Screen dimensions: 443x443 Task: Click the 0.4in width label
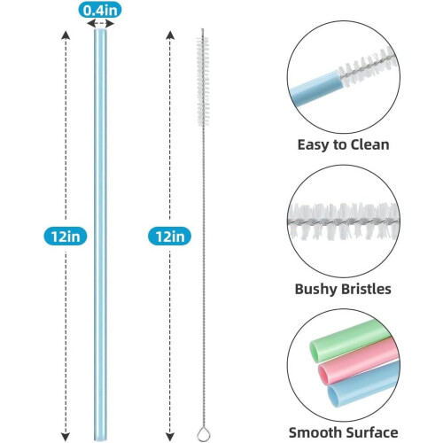point(100,11)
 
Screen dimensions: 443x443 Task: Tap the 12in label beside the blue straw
point(66,237)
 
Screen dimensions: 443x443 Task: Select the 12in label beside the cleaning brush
point(169,237)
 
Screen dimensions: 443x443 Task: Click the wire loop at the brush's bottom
point(203,435)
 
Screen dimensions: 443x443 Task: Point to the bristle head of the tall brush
point(203,82)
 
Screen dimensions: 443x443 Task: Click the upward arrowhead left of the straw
point(66,35)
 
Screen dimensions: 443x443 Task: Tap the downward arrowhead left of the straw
point(66,436)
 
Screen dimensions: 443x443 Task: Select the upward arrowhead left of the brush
point(170,35)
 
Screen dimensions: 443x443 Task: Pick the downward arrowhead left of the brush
point(170,436)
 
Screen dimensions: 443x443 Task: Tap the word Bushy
point(315,290)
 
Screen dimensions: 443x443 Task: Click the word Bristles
point(365,289)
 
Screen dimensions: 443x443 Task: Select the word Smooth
point(315,432)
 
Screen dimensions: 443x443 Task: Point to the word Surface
point(372,432)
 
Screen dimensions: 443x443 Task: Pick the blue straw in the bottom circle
point(364,384)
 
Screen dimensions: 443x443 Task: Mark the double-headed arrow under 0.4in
point(100,23)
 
